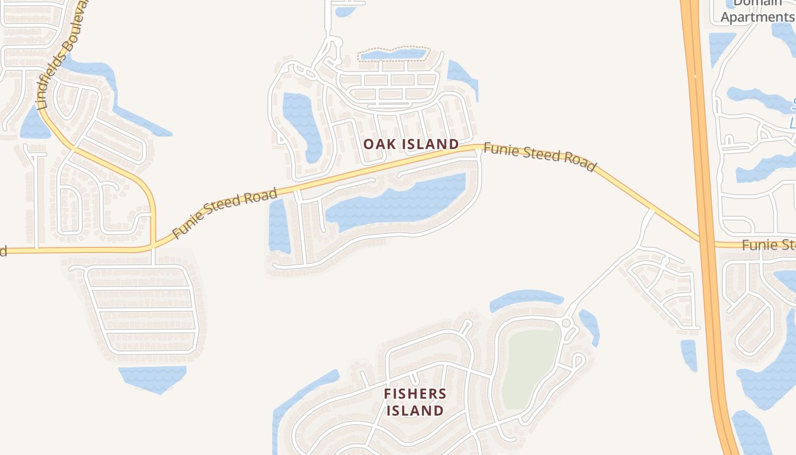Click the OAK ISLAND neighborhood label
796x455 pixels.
[x=411, y=144]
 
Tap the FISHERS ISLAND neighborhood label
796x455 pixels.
[x=415, y=402]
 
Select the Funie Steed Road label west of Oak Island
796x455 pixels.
[x=224, y=213]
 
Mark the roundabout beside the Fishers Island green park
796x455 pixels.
[x=566, y=323]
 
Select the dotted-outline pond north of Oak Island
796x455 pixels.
[x=392, y=55]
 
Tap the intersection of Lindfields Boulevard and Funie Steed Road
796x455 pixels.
[x=153, y=246]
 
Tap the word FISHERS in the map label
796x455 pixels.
[x=415, y=394]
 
